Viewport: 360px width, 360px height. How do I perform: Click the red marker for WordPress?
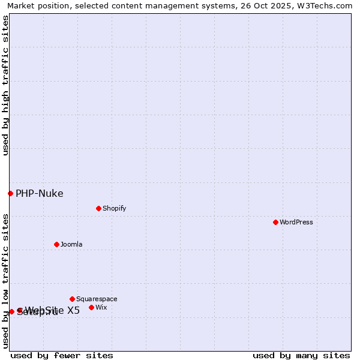tap(275, 222)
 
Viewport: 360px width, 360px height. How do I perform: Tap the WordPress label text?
tap(296, 222)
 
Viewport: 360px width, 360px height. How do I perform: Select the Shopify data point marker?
tap(98, 208)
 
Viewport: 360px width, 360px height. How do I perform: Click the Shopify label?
tap(114, 208)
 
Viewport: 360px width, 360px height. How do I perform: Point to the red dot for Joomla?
tap(56, 244)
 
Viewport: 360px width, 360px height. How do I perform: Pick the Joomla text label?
tap(71, 244)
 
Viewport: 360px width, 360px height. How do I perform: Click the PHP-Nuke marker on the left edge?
tap(10, 193)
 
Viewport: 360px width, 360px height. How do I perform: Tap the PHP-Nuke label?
tap(40, 193)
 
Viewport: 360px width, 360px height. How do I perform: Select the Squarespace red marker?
tap(72, 299)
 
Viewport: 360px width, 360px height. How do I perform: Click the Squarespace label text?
tap(97, 299)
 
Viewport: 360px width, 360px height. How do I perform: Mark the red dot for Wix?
tap(91, 307)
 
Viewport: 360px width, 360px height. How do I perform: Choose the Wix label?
tap(101, 307)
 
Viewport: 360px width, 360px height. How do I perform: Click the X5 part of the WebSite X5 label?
tap(73, 310)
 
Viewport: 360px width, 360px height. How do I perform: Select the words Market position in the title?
tap(35, 5)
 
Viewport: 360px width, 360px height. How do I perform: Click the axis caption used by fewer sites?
tap(62, 355)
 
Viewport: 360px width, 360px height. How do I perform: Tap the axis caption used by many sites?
tap(301, 355)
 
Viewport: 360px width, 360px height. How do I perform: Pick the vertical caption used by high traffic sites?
tap(5, 85)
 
